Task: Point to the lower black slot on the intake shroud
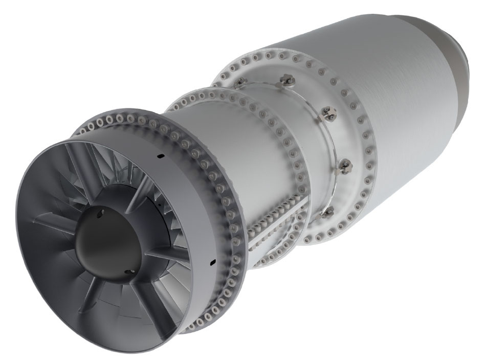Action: pos(211,262)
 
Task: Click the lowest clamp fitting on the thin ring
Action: pos(328,210)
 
